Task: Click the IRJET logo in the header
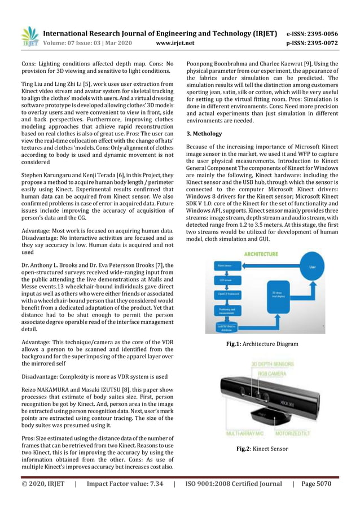click(x=29, y=37)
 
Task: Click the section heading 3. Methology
click(x=204, y=134)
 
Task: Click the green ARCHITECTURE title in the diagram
click(x=261, y=254)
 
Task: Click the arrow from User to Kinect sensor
click(x=271, y=264)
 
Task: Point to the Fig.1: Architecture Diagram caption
click(x=262, y=344)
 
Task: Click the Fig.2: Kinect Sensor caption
click(x=262, y=449)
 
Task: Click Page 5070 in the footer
click(x=317, y=484)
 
